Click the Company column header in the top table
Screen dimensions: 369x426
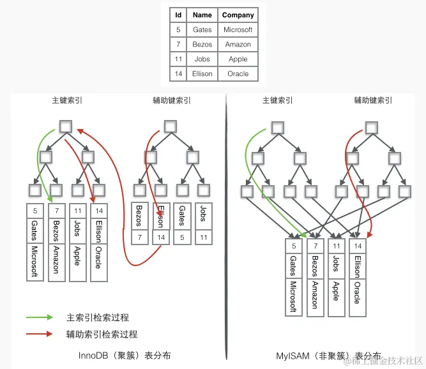238,15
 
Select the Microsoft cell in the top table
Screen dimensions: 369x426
238,29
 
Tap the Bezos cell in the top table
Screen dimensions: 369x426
202,44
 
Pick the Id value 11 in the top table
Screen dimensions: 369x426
178,59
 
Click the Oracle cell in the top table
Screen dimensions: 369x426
238,73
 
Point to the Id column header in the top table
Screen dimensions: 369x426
178,15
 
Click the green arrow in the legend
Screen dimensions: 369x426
40,317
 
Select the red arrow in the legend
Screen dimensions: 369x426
40,334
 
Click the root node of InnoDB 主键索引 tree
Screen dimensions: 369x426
65,126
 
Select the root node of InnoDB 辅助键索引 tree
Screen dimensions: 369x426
171,126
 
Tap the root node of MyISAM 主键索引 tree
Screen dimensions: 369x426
277,127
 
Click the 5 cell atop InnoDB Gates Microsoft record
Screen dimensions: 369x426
34,211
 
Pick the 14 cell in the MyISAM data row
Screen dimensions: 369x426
358,246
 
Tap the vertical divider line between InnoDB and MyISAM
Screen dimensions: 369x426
225,230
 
